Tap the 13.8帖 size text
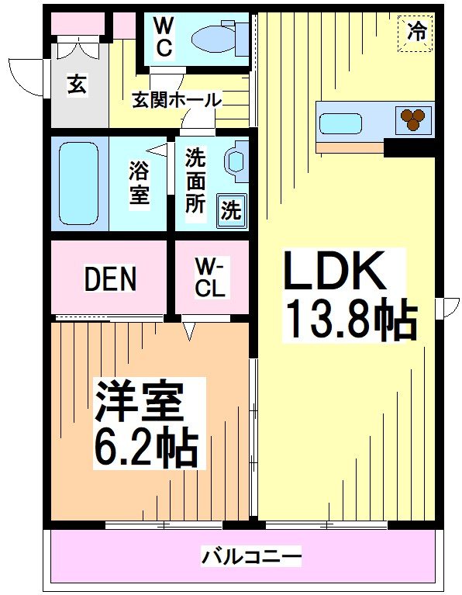pos(350,318)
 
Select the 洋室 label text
pos(139,401)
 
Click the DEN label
pos(110,279)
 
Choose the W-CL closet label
pos(209,277)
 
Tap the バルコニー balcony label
pos(251,556)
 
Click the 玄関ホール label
pos(177,100)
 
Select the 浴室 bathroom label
pos(140,182)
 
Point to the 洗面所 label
pos(195,181)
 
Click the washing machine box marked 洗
pos(231,210)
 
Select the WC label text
pos(164,36)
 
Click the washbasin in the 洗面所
pos(233,161)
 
